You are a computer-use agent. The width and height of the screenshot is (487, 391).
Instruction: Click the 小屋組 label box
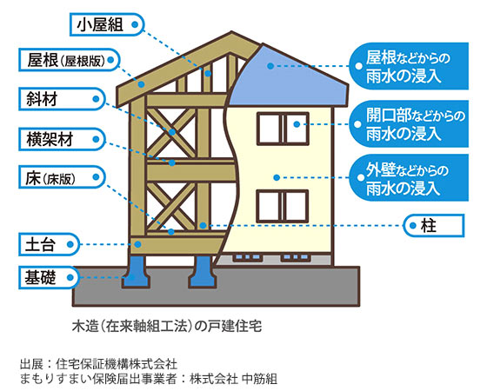click(107, 24)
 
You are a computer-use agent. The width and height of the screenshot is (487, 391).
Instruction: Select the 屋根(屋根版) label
click(70, 60)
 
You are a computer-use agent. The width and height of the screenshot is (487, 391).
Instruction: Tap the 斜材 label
click(62, 99)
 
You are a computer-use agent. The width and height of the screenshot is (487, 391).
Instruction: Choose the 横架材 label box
click(62, 139)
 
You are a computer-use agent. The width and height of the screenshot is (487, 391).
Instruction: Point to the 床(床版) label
click(62, 177)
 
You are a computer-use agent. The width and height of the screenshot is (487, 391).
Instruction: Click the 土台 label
click(50, 244)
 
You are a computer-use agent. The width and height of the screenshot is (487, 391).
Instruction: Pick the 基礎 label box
click(50, 277)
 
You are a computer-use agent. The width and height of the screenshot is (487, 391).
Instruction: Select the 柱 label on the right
click(434, 226)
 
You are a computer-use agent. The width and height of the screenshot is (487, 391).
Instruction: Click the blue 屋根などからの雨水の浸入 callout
click(409, 66)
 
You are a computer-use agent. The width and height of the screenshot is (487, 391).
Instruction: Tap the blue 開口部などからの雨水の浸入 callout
click(409, 123)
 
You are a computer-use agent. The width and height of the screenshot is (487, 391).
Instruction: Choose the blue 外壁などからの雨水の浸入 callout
click(409, 178)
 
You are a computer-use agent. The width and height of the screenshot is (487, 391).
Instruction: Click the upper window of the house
click(283, 129)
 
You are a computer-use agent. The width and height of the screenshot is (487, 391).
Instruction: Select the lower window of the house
click(283, 206)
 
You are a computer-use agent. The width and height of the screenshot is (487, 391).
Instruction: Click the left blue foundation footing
click(137, 271)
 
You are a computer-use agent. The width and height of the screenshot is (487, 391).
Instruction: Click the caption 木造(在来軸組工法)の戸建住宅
click(167, 326)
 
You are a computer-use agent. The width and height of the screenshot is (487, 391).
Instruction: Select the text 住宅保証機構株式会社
click(117, 364)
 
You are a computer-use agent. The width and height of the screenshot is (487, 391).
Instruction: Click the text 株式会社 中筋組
click(234, 379)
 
